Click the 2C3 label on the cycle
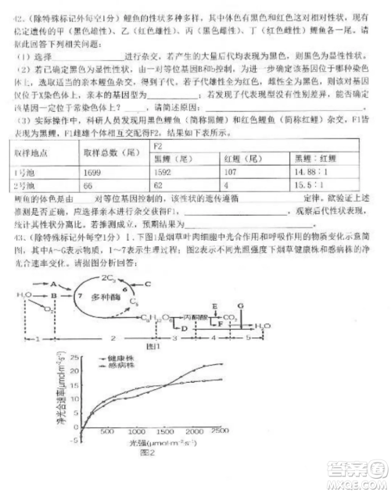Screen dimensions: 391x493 [x=109, y=279]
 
